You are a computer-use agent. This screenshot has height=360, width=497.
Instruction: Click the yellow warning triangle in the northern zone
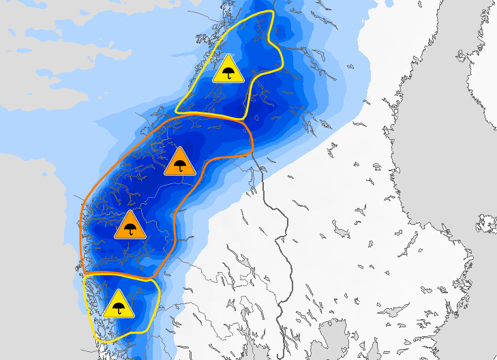(228, 70)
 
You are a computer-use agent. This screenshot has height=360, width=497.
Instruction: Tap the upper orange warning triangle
(180, 162)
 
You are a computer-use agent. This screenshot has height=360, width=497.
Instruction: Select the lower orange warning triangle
(130, 226)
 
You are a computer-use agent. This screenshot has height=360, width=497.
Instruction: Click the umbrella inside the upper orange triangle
(180, 165)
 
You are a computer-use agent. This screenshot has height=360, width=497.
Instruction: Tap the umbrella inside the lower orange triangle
(130, 229)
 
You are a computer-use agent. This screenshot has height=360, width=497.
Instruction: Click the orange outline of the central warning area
(82, 225)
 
